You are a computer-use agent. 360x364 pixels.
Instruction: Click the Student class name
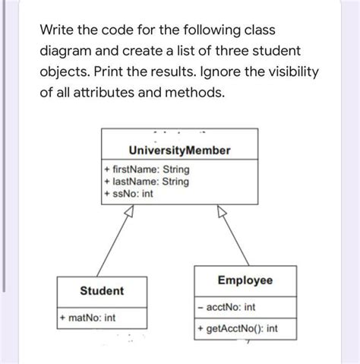coord(102,292)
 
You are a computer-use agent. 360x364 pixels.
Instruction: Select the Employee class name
coord(245,281)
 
